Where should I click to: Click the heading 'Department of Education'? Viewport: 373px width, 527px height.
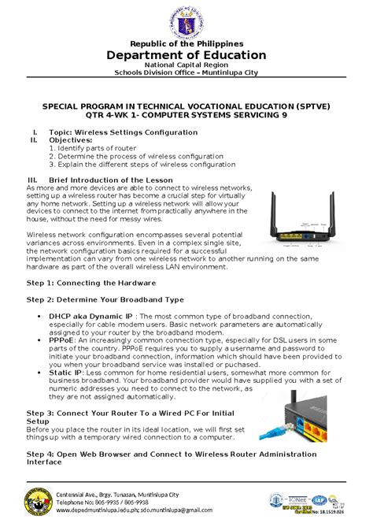[x=186, y=55]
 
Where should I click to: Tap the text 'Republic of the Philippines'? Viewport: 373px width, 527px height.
[x=186, y=43]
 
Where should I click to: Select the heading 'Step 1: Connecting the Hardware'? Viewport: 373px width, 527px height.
[x=90, y=282]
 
